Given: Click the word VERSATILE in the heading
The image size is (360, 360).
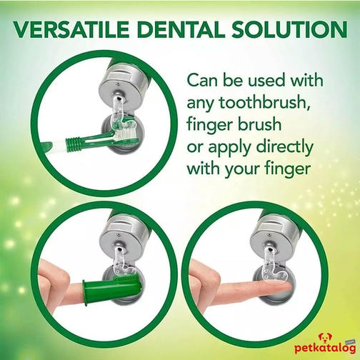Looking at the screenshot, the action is tap(71, 30).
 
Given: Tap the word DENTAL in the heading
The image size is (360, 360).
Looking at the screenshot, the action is tap(181, 30).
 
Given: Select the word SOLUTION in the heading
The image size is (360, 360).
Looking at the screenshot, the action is tap(289, 30).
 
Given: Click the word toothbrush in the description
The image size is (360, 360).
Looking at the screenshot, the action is tap(265, 103).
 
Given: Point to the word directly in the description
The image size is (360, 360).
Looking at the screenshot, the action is tap(285, 147).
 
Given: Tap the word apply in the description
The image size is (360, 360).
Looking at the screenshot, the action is tap(230, 149).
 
